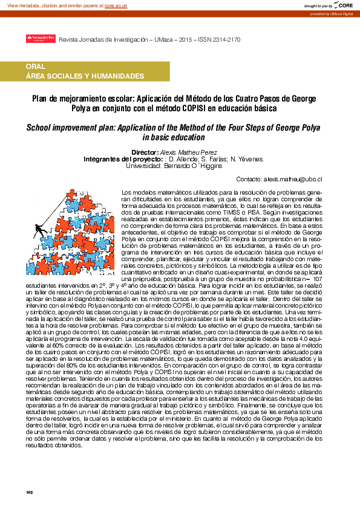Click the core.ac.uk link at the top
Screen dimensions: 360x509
click(x=115, y=5)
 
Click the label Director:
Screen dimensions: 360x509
click(x=151, y=152)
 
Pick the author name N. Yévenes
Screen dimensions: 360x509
click(x=247, y=158)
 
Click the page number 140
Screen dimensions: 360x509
click(x=28, y=492)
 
